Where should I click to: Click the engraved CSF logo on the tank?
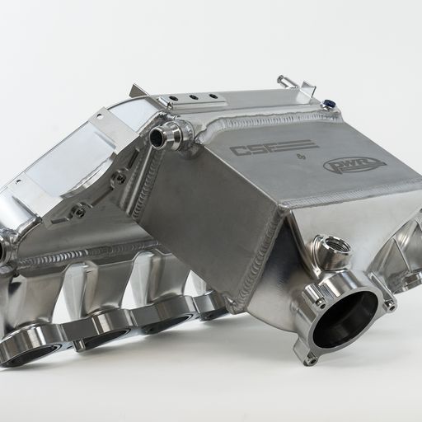[x=263, y=150]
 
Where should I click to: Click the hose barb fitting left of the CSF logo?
[x=167, y=134]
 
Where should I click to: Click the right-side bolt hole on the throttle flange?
[x=389, y=304]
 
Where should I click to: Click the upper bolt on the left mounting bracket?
[x=120, y=177]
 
